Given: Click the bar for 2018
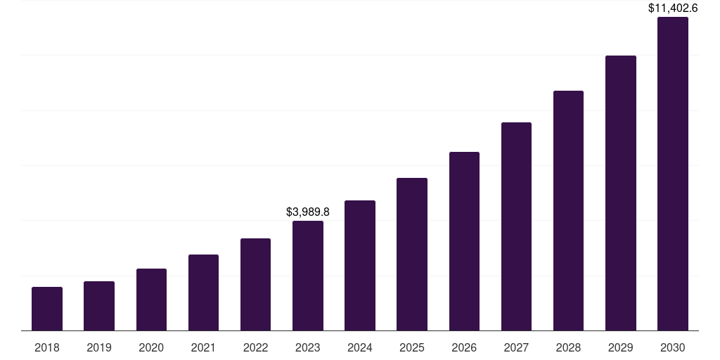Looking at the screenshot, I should (47, 309).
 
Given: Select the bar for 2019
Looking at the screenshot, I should (99, 306).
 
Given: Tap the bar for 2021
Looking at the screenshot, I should (203, 292).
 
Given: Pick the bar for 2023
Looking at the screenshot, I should (308, 276).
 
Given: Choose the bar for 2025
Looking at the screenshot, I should (412, 254).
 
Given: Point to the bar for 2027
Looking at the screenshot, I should (516, 226).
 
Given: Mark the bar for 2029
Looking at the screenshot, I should (621, 193).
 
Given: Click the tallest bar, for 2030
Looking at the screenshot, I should (673, 174).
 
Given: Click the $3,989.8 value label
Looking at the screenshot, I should (308, 212).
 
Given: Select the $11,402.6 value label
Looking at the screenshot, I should (673, 8).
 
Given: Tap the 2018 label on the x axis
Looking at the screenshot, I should (47, 347).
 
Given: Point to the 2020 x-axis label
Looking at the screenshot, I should (151, 347).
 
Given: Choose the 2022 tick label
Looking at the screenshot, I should (255, 347).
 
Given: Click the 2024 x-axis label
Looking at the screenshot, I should (360, 347).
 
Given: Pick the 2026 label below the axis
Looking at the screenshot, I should (464, 347).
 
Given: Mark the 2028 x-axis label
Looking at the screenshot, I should (568, 347).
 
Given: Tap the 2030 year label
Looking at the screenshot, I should (673, 347).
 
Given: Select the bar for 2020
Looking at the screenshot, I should (151, 300).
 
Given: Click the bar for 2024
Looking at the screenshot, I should (360, 266).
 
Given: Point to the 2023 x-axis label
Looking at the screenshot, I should (308, 347).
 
